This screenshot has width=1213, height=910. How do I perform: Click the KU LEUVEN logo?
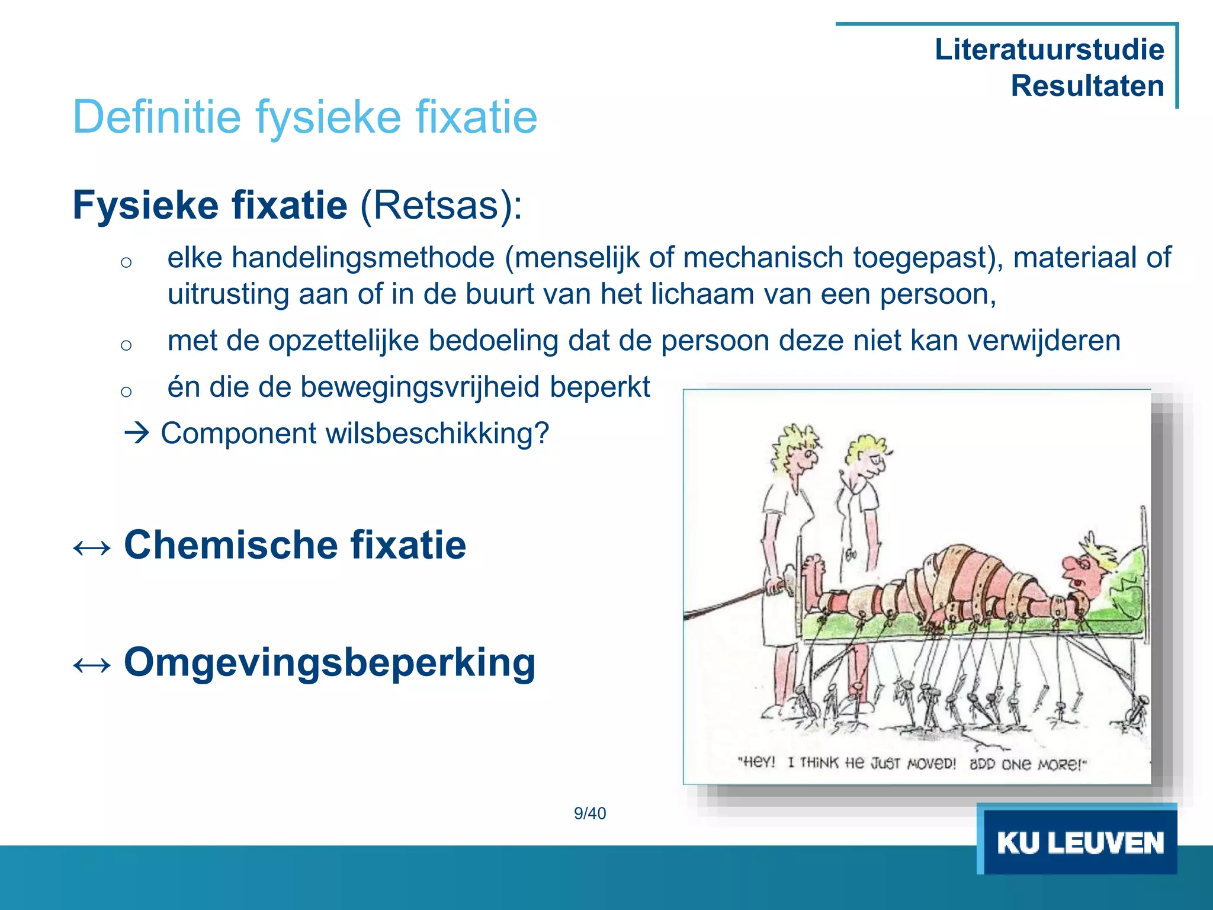(1079, 842)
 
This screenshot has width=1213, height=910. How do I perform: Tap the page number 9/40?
(590, 813)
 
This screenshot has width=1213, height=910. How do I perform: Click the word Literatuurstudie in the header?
(1049, 49)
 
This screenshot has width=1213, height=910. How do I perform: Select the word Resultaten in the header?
(1087, 86)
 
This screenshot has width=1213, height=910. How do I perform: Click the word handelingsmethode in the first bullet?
(362, 258)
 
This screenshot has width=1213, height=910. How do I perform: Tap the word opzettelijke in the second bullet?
(344, 341)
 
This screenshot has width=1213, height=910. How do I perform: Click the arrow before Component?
(137, 433)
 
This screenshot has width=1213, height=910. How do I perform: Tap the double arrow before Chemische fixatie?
(92, 547)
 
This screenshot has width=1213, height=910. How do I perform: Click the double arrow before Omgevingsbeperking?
(92, 665)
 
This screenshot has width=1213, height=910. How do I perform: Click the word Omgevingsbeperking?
(329, 662)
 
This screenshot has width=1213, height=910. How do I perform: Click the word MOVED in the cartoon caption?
(931, 763)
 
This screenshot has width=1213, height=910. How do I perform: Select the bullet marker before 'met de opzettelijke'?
(126, 345)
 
